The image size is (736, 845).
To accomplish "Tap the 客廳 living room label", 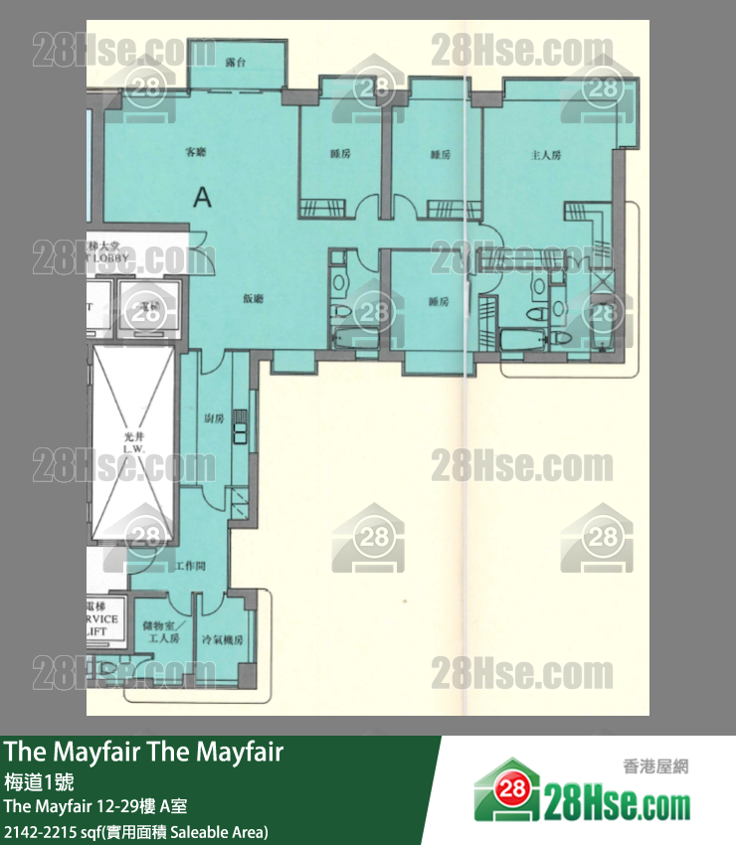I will coord(195,152).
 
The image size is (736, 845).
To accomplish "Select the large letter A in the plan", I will coord(203,197).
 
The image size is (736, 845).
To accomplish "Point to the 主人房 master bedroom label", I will coord(546,155).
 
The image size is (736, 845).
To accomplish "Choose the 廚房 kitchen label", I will coord(213,418).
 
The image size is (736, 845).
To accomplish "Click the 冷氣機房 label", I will coord(222,639).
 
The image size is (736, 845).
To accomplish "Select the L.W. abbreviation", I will coord(134,450).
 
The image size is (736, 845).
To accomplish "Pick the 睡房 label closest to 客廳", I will coord(340,154).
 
